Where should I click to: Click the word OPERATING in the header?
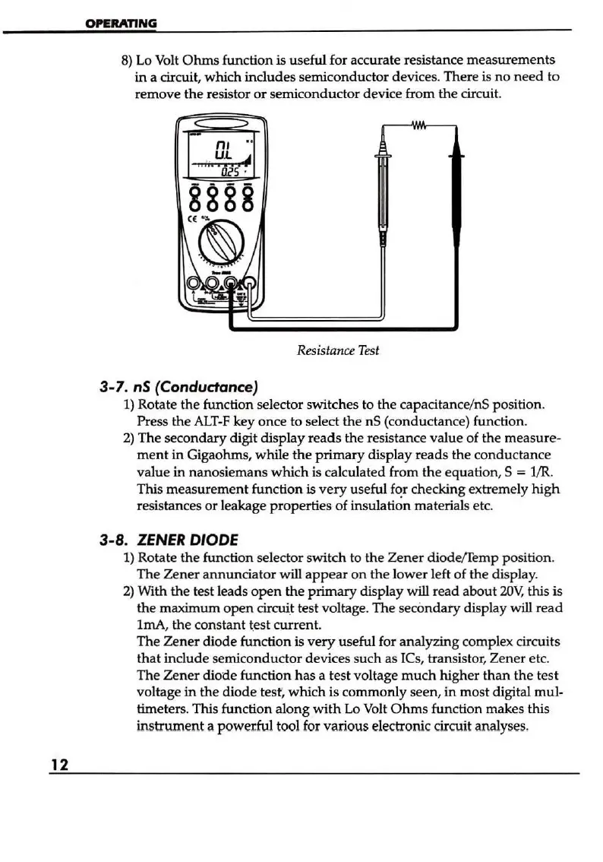pyautogui.click(x=121, y=23)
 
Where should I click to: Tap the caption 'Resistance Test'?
pyautogui.click(x=337, y=350)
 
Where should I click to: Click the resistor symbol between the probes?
pyautogui.click(x=419, y=125)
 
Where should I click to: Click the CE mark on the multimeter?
pyautogui.click(x=192, y=220)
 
